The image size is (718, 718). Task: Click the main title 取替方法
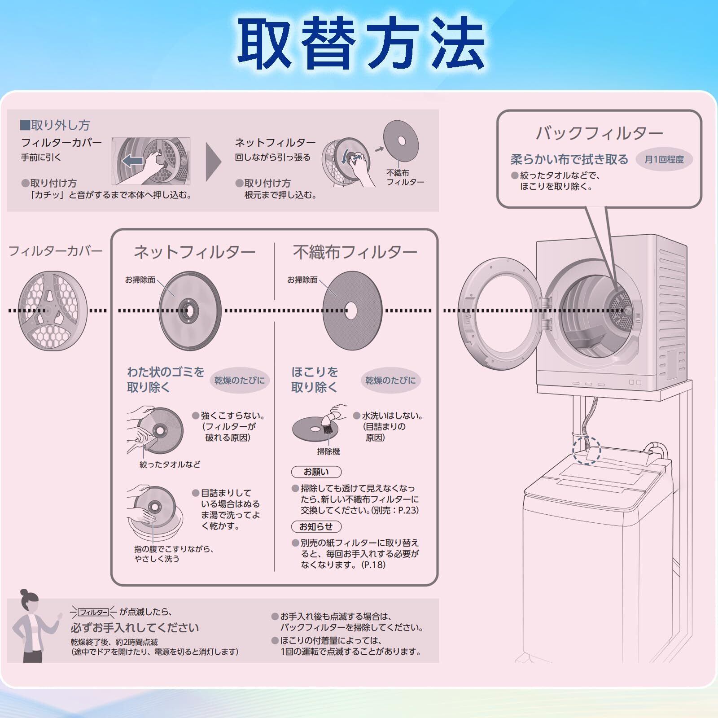[361, 44]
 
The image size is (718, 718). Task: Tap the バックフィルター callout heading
[599, 133]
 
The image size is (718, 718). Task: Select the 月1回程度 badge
[664, 159]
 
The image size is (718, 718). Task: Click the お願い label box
[316, 472]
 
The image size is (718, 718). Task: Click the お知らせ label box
[316, 527]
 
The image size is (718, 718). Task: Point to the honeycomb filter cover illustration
[53, 311]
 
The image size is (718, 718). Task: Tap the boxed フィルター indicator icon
[93, 613]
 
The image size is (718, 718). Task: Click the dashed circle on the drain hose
[587, 450]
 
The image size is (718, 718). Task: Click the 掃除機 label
[328, 452]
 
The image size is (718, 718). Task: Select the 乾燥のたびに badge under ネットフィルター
[239, 381]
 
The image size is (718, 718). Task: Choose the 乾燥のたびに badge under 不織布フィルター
[390, 381]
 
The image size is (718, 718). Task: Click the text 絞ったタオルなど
[170, 465]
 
